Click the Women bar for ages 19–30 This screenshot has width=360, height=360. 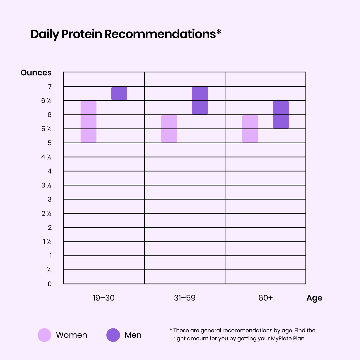point(89,122)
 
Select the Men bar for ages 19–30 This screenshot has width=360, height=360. point(119,94)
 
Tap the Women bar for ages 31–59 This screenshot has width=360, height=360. point(169,129)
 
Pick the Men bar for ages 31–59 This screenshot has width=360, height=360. point(200,101)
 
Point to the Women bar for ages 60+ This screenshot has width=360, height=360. point(250,129)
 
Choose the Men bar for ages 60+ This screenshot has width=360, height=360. point(281,115)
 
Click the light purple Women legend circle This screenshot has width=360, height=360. point(44,335)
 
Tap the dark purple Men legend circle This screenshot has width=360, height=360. point(113,335)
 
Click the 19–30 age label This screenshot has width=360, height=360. point(104,298)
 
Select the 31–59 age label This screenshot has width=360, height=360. point(185,298)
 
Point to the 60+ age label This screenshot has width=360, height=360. point(265,298)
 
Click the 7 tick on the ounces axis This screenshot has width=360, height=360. point(50,87)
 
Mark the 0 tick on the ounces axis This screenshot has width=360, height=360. point(50,284)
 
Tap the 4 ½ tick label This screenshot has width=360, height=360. point(46,157)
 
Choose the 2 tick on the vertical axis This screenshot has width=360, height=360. point(50,227)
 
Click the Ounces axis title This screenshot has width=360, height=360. point(36,73)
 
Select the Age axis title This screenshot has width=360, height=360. point(314,298)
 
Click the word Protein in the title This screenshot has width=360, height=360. point(82,34)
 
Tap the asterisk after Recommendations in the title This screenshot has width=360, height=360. point(219,32)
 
